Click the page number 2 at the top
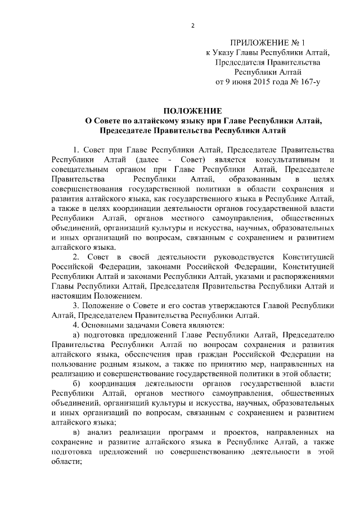(192, 25)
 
